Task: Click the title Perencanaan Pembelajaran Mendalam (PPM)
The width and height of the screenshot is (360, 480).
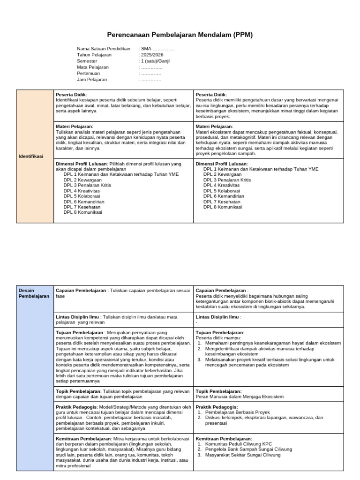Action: pyautogui.click(x=180, y=35)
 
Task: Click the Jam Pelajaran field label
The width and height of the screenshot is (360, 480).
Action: pyautogui.click(x=92, y=80)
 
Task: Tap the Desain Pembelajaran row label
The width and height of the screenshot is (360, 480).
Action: pyautogui.click(x=33, y=293)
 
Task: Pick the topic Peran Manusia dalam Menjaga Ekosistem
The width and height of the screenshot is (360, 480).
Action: pyautogui.click(x=240, y=397)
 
